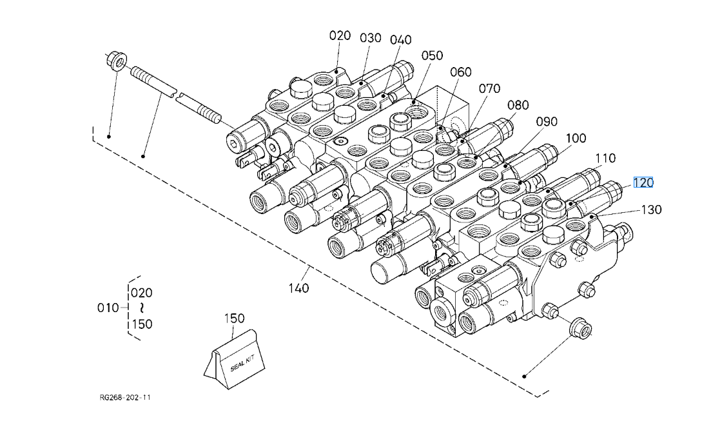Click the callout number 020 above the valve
click(340, 35)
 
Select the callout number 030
click(371, 38)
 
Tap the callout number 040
click(401, 40)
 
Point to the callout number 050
click(432, 55)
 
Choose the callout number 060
click(461, 72)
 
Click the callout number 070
click(489, 88)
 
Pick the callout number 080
click(518, 105)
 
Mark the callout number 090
click(547, 121)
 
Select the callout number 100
click(576, 138)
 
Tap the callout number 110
click(605, 158)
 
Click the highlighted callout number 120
click(643, 182)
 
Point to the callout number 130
click(652, 210)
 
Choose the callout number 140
click(299, 288)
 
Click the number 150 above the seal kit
click(235, 319)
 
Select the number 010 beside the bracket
click(108, 308)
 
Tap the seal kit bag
click(235, 359)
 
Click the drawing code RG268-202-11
click(125, 398)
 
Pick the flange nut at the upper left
click(117, 61)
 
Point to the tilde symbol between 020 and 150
click(142, 308)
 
